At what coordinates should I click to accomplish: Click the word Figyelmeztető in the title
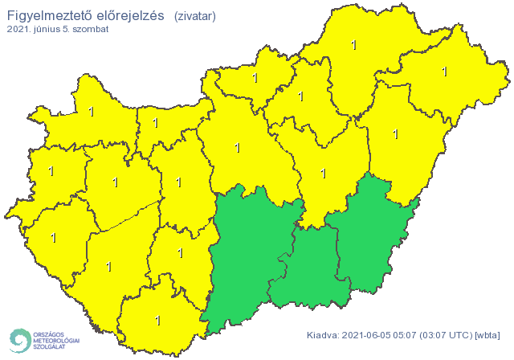[44, 14]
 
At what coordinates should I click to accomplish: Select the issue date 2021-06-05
[368, 335]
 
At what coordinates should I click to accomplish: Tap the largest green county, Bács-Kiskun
[249, 257]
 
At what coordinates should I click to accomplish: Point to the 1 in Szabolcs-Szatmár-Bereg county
[444, 72]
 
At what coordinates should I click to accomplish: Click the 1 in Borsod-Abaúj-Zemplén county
[354, 45]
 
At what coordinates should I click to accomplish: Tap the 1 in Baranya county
[157, 321]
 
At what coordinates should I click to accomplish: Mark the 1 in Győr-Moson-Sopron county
[91, 112]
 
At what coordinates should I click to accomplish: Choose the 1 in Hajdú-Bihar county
[395, 133]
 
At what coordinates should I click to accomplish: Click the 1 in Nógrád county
[255, 79]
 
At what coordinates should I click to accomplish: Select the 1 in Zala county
[54, 238]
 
